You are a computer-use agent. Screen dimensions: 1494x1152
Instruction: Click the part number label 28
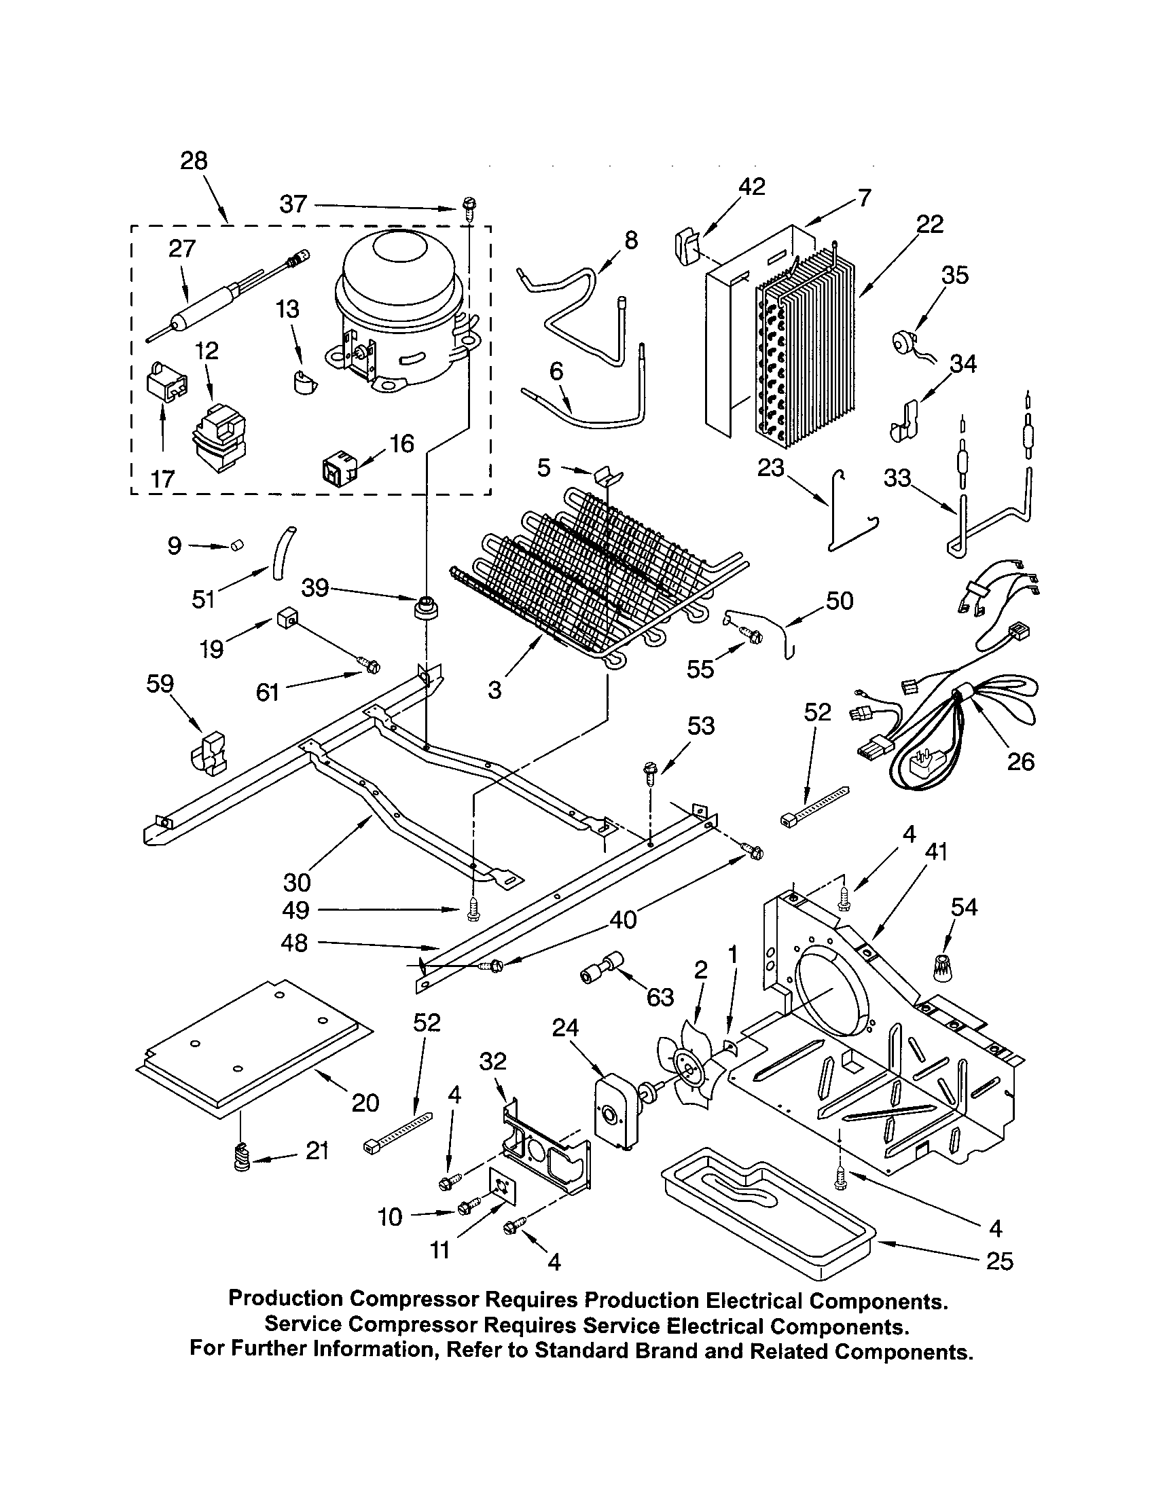click(194, 161)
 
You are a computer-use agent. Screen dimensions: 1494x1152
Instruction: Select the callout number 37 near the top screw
click(293, 204)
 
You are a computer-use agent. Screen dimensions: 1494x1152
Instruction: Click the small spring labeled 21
click(240, 1159)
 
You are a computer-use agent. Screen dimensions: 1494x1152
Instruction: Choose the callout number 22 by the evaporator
click(930, 223)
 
